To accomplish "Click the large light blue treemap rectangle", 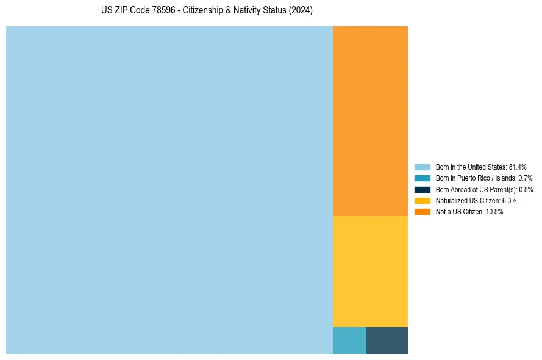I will [169, 190].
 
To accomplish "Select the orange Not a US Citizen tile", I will [370, 121].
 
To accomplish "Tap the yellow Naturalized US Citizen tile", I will [370, 272].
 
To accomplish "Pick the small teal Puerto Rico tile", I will [349, 340].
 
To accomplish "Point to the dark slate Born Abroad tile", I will [387, 340].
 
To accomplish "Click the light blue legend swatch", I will [423, 167].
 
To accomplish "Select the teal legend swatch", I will [423, 178].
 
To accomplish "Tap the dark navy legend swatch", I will [423, 189].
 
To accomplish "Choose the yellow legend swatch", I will [423, 200].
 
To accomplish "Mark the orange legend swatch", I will [423, 211].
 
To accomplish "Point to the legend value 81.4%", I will [518, 167].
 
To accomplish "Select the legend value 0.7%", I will [526, 178].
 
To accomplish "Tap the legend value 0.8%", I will [526, 189].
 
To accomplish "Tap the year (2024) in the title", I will [301, 11].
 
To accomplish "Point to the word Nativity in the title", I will [249, 11].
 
